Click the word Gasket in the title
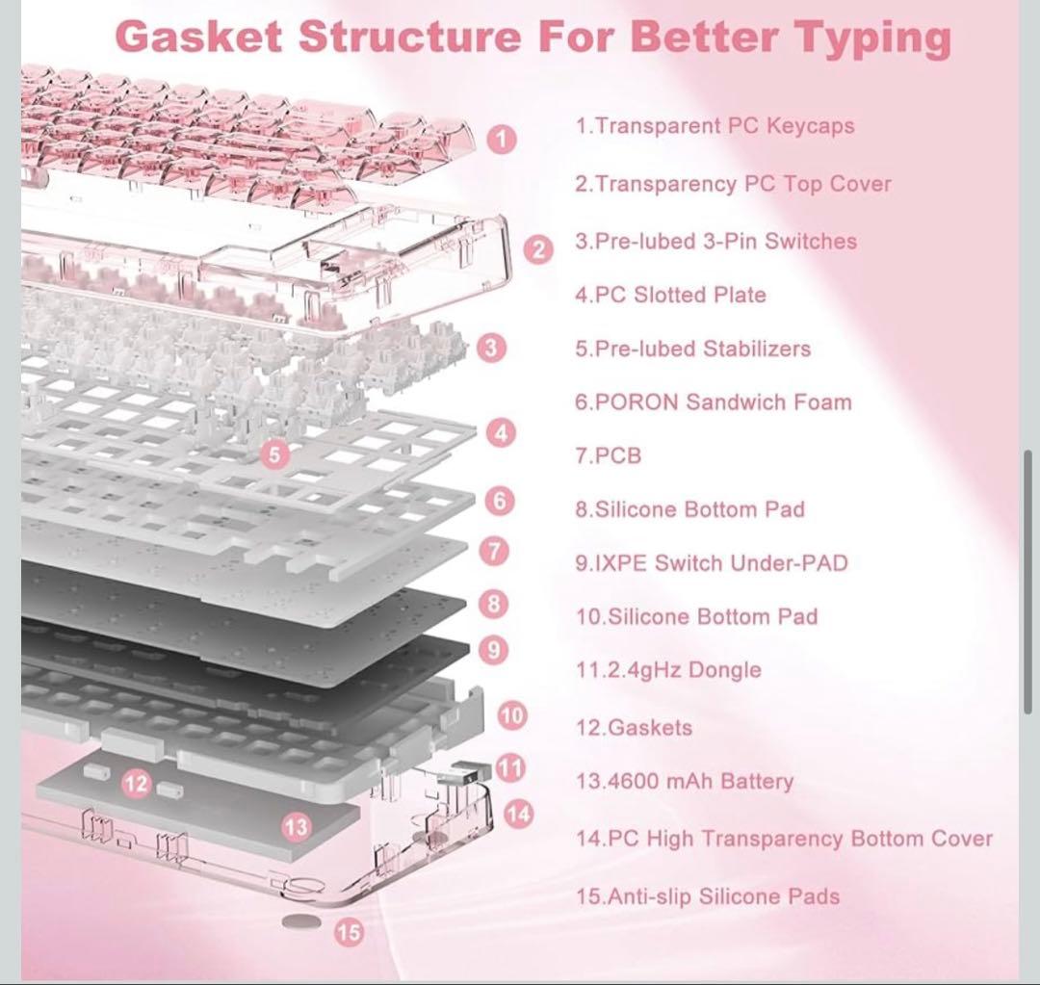click(199, 38)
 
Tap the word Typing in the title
click(872, 38)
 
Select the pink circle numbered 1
click(501, 140)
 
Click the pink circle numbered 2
click(538, 250)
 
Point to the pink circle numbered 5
click(276, 454)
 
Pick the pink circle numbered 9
click(493, 650)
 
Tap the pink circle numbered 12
click(137, 784)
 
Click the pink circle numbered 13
click(297, 825)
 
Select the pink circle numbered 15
click(350, 931)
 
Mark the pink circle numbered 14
click(517, 814)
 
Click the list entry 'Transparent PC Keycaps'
click(715, 126)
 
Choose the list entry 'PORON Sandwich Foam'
click(713, 402)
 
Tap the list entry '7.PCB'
click(608, 455)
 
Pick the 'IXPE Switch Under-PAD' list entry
click(711, 563)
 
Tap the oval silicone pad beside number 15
click(301, 921)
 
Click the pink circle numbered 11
click(510, 767)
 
